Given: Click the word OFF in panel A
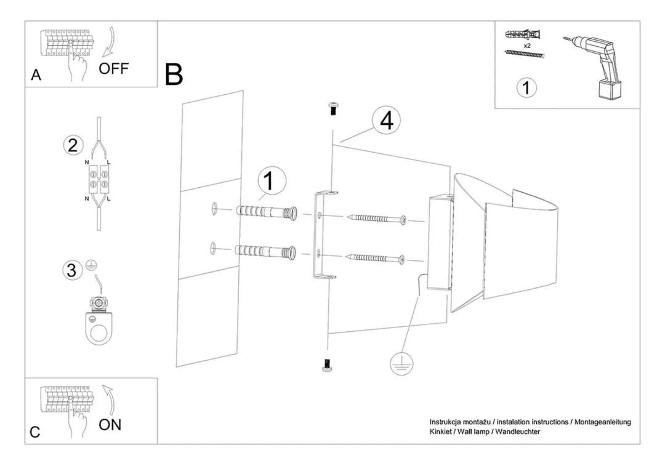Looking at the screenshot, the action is click(113, 68).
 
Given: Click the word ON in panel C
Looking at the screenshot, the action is click(110, 424).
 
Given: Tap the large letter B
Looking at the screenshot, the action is click(174, 74).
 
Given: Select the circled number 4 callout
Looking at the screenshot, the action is click(386, 121).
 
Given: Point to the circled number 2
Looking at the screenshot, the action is click(73, 145).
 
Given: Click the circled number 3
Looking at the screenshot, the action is click(72, 270).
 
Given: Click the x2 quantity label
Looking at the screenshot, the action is click(527, 46).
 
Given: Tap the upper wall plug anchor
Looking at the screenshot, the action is click(266, 212).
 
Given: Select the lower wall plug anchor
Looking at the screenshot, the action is click(266, 252).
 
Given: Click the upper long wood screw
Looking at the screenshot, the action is click(377, 219).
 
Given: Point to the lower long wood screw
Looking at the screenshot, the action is click(377, 258).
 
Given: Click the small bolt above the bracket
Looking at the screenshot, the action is click(333, 108).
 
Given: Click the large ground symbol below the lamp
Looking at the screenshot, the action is click(401, 363).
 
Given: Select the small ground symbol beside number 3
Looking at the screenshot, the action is click(90, 265).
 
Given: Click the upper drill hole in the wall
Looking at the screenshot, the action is click(214, 208).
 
